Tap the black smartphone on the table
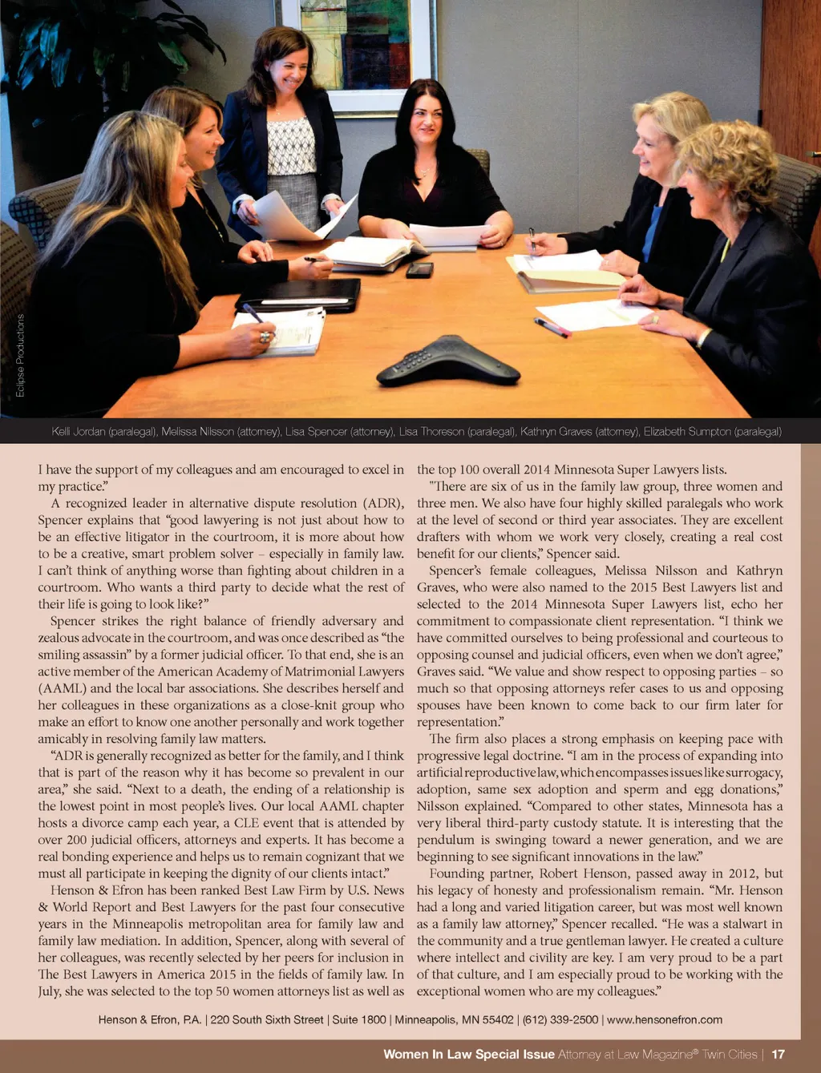pos(419,270)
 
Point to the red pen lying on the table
pos(552,327)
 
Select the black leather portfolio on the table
pos(299,295)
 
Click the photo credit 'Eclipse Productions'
pos(20,355)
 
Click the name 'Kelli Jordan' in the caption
pos(79,432)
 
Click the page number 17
pos(778,1055)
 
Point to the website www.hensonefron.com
pos(665,1020)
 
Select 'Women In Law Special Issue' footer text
pos(469,1055)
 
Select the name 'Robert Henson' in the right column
pos(579,873)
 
